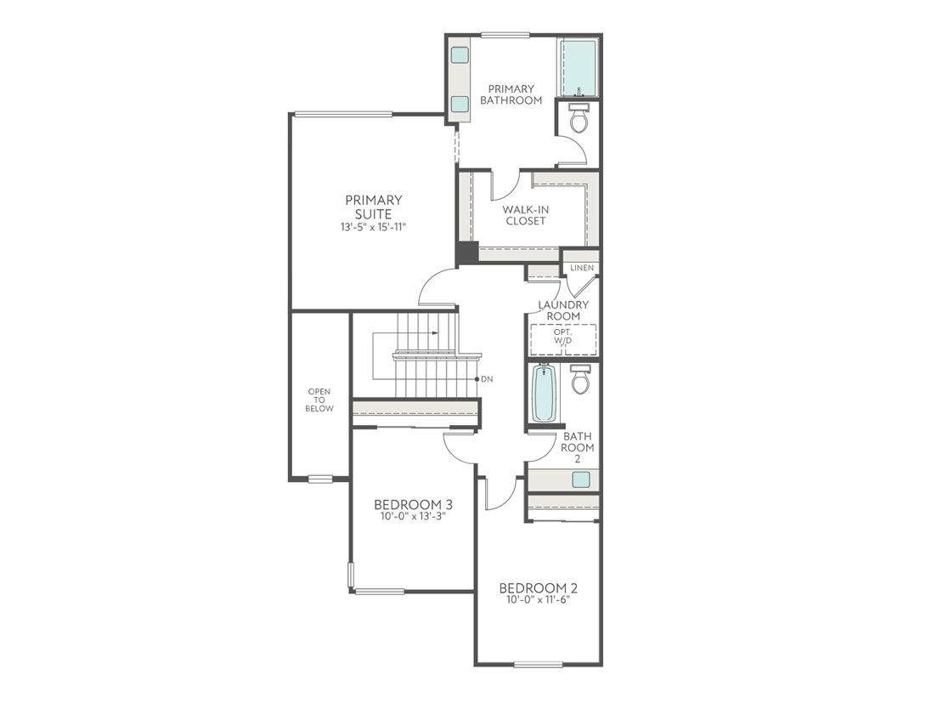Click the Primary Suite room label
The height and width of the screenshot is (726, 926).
coord(374,207)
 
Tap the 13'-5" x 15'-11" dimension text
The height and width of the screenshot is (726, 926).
coord(374,228)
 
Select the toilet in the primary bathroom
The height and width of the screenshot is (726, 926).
coord(579,120)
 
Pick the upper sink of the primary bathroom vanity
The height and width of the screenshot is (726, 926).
coord(460,55)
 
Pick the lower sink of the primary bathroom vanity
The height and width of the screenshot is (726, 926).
coord(460,104)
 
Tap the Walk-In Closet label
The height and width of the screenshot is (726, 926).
coord(523,215)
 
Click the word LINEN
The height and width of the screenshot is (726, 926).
coord(582,268)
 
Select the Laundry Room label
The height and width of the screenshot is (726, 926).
coord(563,310)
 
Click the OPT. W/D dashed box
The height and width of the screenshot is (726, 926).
coord(563,339)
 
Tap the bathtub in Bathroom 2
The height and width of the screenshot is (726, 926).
coord(543,393)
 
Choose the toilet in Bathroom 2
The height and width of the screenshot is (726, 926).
coord(580,379)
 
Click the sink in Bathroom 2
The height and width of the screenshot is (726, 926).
coord(580,479)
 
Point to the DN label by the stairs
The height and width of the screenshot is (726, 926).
coord(487,379)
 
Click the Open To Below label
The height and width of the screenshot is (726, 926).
coord(320,400)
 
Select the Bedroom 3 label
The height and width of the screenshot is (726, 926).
coord(413,503)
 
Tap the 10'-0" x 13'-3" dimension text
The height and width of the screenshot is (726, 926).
coord(413,516)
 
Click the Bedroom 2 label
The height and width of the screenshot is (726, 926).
coord(538,588)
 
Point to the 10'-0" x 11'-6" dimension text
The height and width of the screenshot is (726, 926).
coord(538,601)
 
